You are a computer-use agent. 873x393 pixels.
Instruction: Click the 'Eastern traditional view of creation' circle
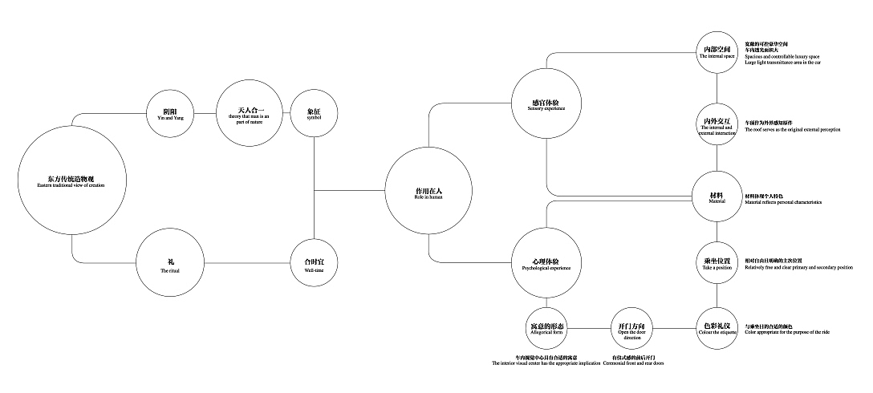click(71, 180)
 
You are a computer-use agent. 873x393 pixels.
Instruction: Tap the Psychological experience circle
click(546, 263)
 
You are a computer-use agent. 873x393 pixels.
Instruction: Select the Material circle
click(717, 196)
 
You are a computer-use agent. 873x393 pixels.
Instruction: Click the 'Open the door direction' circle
click(631, 329)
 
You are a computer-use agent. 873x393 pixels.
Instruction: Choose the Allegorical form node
click(547, 329)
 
